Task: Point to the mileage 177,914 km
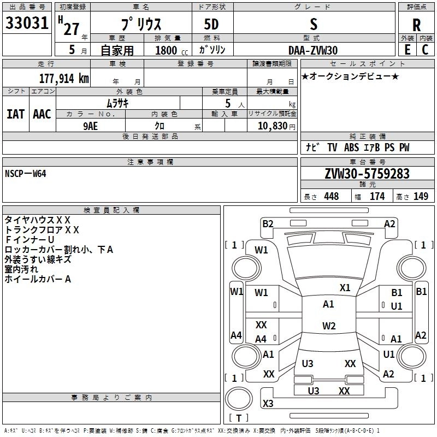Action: click(64, 78)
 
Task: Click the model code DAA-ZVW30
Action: click(313, 50)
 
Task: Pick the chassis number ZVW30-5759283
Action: click(367, 174)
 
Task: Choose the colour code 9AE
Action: click(91, 125)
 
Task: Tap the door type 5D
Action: click(211, 25)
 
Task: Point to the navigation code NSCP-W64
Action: click(26, 174)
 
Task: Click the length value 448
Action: click(331, 197)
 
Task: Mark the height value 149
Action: click(421, 197)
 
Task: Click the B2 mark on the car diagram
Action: click(268, 223)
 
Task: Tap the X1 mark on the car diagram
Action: click(345, 288)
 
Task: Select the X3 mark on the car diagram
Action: click(268, 403)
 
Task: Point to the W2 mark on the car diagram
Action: click(328, 326)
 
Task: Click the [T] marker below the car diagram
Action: click(238, 418)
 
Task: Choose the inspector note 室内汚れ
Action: click(22, 269)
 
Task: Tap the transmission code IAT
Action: click(15, 114)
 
